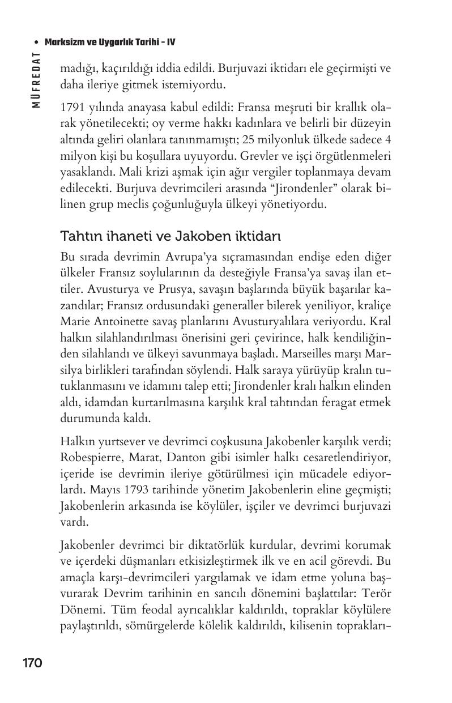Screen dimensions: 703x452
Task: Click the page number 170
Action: point(33,663)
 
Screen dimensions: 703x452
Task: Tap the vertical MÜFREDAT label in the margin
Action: point(36,80)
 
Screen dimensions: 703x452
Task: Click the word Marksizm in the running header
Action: point(64,42)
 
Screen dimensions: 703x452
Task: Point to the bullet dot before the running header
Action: point(37,42)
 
